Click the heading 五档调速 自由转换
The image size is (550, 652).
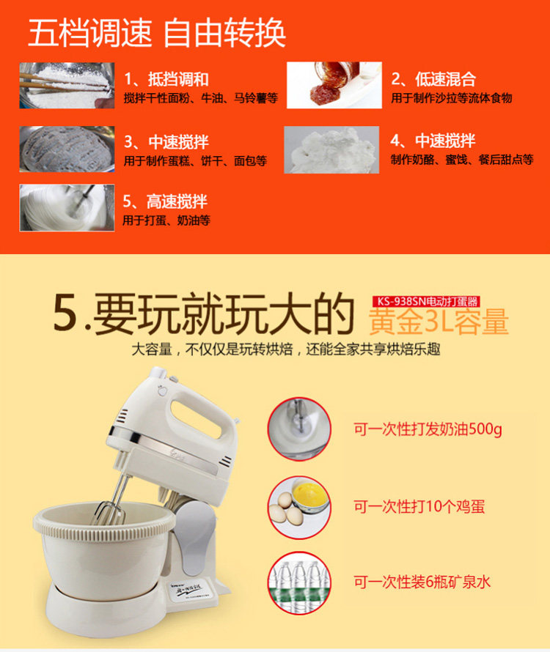(x=156, y=33)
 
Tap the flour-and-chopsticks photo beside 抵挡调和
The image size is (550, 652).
(x=67, y=85)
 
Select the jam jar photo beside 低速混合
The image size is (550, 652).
(x=334, y=85)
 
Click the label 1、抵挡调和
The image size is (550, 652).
(x=166, y=79)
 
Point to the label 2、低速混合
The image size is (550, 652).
(x=433, y=79)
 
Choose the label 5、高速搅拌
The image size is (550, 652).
(x=165, y=201)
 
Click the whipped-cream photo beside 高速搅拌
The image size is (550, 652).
(x=67, y=207)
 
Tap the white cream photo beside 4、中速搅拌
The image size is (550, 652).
(x=331, y=149)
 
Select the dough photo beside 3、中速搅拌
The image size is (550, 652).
(x=67, y=149)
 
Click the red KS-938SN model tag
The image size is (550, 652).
(x=426, y=301)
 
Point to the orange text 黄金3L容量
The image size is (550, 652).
(x=439, y=322)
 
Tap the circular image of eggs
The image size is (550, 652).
(x=299, y=507)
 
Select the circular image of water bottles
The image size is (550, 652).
(x=299, y=583)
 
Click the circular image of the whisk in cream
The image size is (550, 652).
(x=299, y=429)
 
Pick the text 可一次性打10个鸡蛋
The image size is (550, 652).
(x=419, y=506)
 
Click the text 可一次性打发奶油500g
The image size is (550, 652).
(x=428, y=429)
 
